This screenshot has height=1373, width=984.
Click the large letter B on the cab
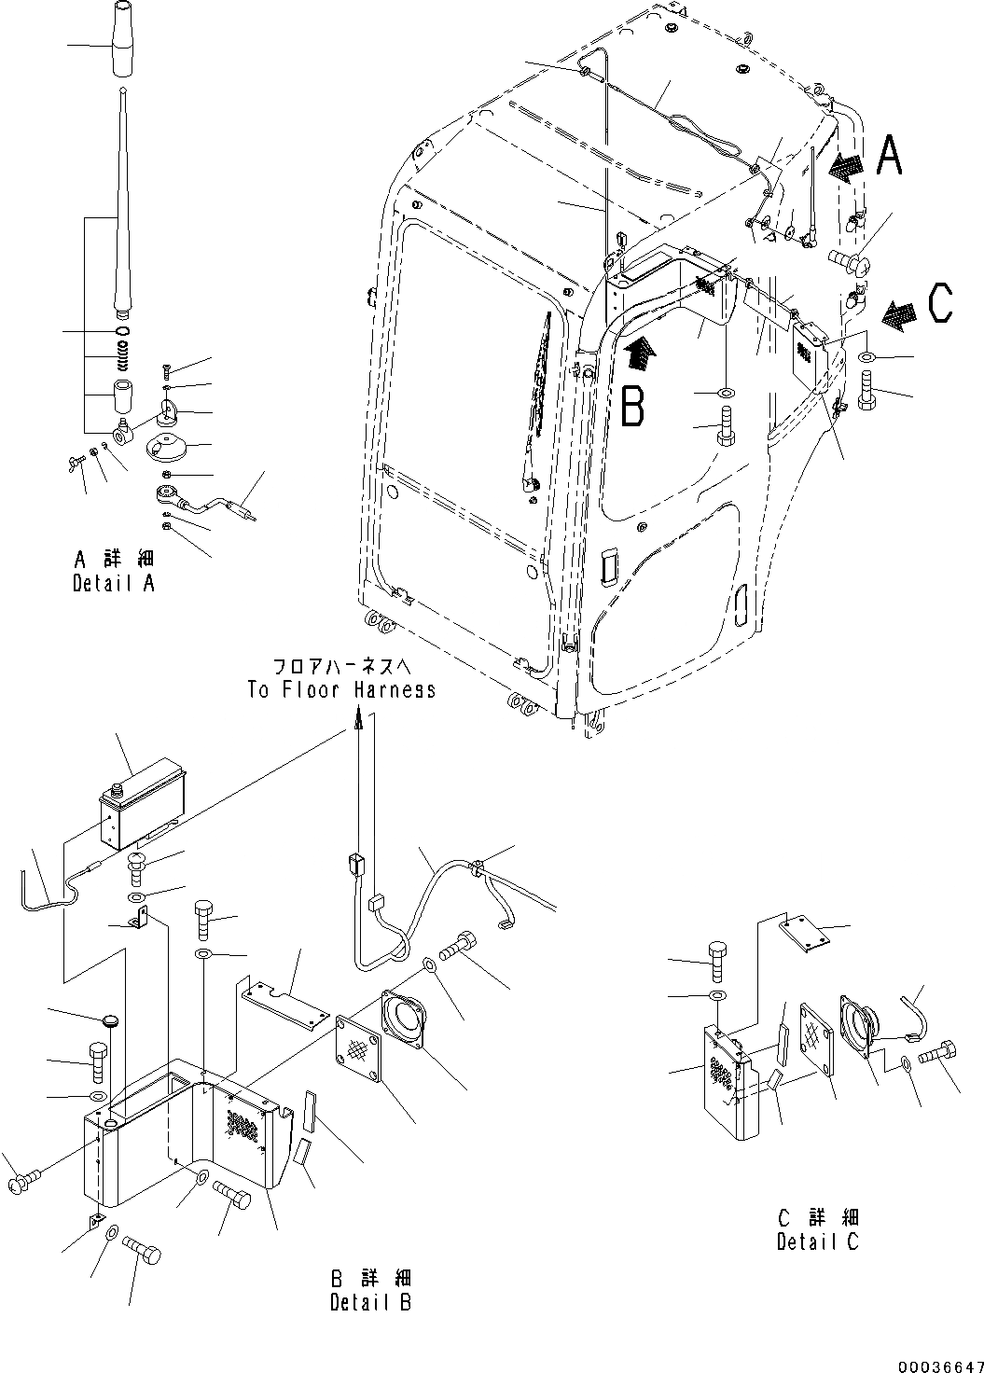pyautogui.click(x=632, y=407)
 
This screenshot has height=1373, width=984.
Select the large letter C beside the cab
pyautogui.click(x=939, y=302)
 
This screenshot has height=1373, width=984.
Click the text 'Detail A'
pyautogui.click(x=114, y=584)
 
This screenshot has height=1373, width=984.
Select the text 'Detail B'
pyautogui.click(x=370, y=1303)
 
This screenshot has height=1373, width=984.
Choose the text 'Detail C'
pyautogui.click(x=817, y=1241)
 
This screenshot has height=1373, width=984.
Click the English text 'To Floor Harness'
pyautogui.click(x=341, y=690)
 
